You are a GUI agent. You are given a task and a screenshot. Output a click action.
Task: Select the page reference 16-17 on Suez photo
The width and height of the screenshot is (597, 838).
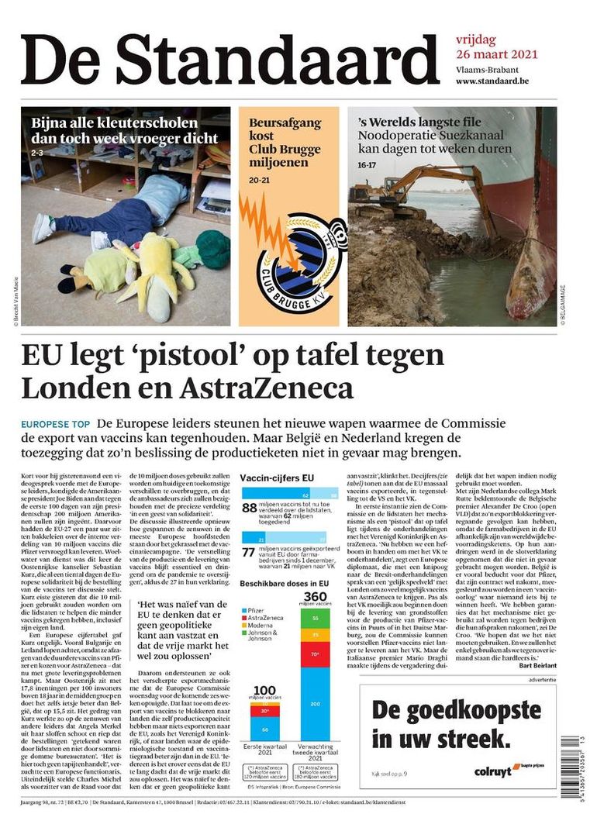[365, 165]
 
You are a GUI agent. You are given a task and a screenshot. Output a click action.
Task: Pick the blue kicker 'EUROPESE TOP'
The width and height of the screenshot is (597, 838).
[55, 425]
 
